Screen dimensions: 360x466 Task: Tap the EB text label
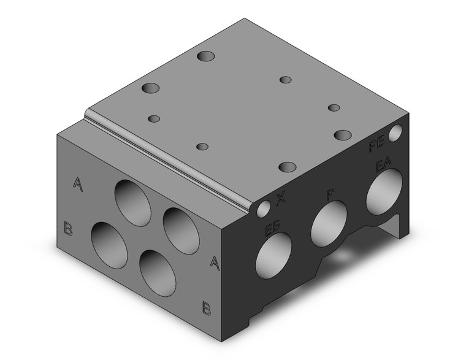pyautogui.click(x=273, y=230)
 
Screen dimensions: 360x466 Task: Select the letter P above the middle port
pyautogui.click(x=330, y=195)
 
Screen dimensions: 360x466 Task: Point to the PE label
pyautogui.click(x=376, y=146)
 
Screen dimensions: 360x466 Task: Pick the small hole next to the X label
pyautogui.click(x=264, y=209)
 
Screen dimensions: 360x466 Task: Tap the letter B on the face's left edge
pyautogui.click(x=69, y=230)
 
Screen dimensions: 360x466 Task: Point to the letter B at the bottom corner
pyautogui.click(x=207, y=307)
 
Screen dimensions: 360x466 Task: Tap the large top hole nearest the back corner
pyautogui.click(x=207, y=56)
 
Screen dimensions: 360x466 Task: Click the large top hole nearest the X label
pyautogui.click(x=287, y=167)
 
